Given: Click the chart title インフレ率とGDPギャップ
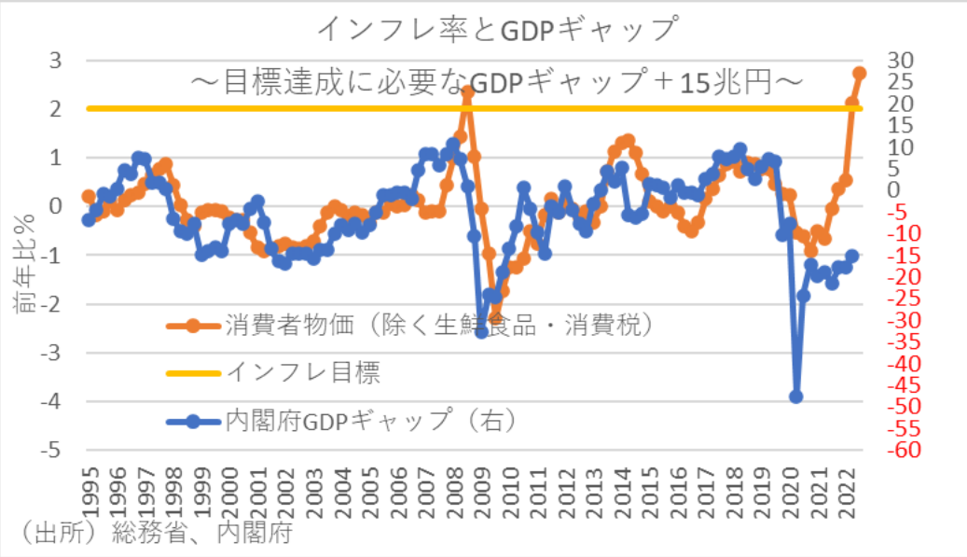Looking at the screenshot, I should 495,28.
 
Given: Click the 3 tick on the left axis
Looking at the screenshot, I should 55,61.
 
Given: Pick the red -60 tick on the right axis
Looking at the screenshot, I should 902,450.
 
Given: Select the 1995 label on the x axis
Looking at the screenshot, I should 90,488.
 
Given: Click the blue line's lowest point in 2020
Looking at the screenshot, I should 796,397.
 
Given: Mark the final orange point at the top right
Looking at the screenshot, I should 859,73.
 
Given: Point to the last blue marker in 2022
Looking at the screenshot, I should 852,256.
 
